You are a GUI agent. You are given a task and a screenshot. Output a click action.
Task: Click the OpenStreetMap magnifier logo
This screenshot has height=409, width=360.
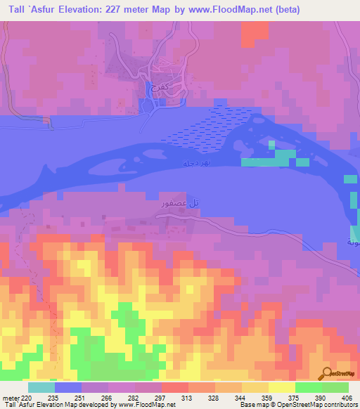coord(328,373)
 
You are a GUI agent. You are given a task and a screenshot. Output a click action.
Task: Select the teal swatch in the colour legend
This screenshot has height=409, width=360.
coord(41,388)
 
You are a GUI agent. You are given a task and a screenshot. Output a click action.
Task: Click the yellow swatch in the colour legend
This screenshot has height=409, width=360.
coord(282,388)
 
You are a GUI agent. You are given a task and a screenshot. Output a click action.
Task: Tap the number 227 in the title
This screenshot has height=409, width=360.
coord(131,9)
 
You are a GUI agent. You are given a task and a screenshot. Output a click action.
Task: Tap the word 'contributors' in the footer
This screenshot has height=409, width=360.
coord(341,405)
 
